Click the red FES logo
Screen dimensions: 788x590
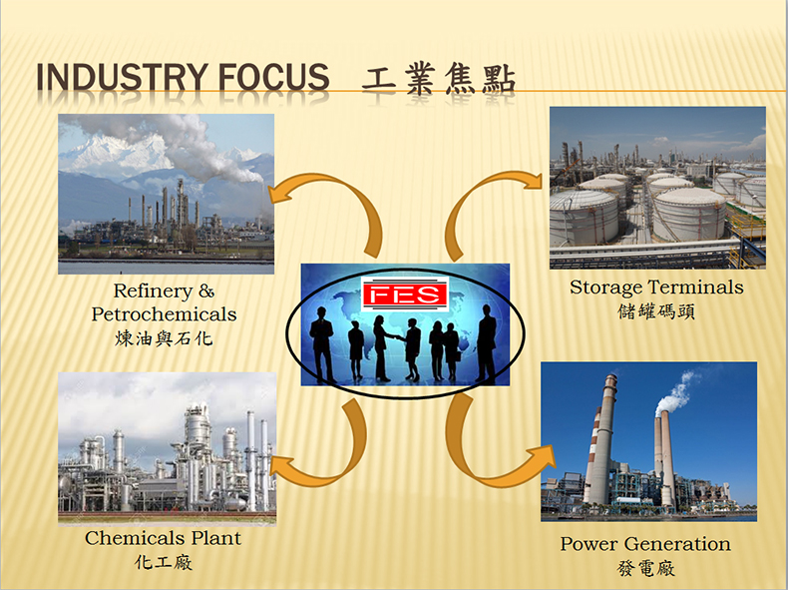pyautogui.click(x=405, y=295)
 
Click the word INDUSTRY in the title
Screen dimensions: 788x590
pyautogui.click(x=121, y=77)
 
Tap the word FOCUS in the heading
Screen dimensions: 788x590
pyautogui.click(x=273, y=77)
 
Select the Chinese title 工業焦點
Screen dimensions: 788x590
pyautogui.click(x=439, y=79)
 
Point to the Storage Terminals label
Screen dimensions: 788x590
pyautogui.click(x=656, y=288)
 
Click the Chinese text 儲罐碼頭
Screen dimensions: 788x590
pyautogui.click(x=656, y=311)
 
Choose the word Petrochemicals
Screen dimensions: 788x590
pyautogui.click(x=164, y=314)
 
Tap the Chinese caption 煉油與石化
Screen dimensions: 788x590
pyautogui.click(x=164, y=338)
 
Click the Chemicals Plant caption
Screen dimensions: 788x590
pyautogui.click(x=163, y=538)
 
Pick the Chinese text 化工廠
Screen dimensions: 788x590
pyautogui.click(x=164, y=562)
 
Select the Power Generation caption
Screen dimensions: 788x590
pyautogui.click(x=645, y=544)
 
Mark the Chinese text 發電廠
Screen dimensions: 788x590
pyautogui.click(x=645, y=568)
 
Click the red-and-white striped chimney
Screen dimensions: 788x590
pyautogui.click(x=596, y=442)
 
